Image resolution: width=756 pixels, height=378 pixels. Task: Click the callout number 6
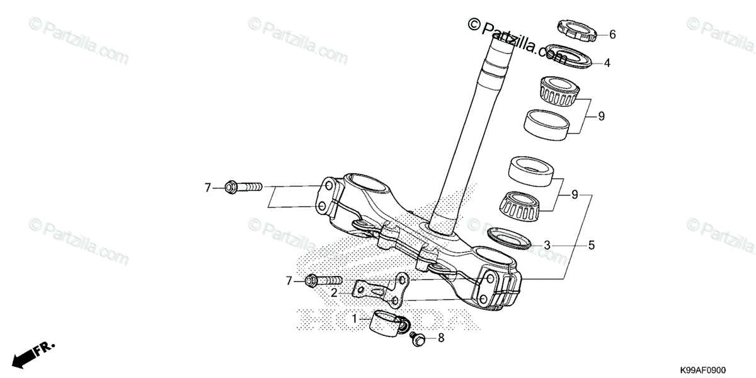coord(612,35)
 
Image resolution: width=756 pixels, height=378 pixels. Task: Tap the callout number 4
coord(607,63)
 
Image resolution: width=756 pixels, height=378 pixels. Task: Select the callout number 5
coord(592,244)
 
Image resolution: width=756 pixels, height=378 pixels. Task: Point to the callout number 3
coord(547,244)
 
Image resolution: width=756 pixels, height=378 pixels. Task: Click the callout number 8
coord(441,338)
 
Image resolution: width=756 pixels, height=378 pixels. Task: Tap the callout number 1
coord(355,319)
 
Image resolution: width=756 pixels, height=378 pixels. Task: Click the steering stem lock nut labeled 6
coord(576,30)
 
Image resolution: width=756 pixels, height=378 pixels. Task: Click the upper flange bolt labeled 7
coord(243,187)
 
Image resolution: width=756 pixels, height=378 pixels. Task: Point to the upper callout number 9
coord(601,116)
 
